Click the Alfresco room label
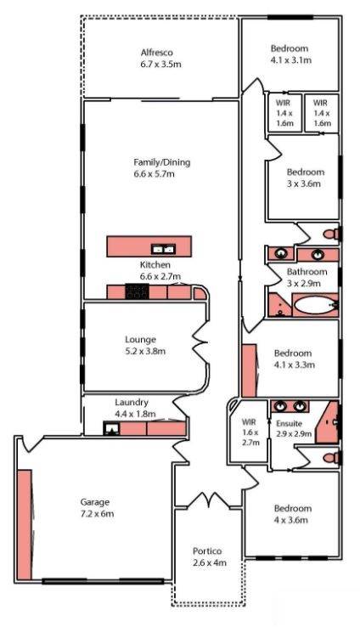(156, 53)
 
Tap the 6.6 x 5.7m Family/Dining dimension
(154, 174)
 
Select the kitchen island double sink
(163, 249)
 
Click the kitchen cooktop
(137, 291)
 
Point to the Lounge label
(140, 340)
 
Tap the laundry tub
(111, 429)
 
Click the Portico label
(207, 551)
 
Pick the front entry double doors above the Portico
(208, 500)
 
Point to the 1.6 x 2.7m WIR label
(250, 432)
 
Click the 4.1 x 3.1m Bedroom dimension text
(291, 60)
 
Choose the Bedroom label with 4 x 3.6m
(293, 508)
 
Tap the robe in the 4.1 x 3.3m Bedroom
(250, 370)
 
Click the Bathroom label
(307, 272)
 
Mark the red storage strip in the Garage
(25, 524)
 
